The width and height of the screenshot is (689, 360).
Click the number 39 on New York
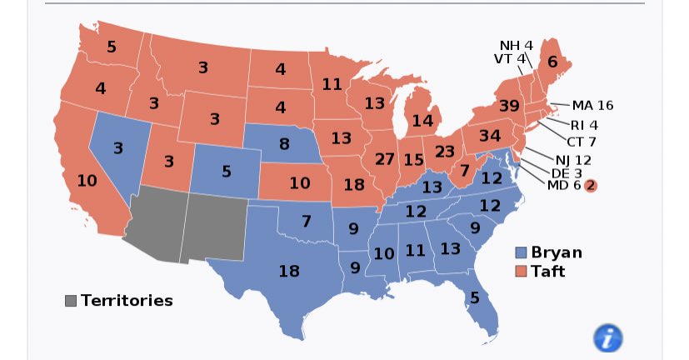(x=510, y=106)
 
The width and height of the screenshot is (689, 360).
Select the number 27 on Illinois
(x=385, y=159)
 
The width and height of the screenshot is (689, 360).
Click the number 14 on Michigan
(x=422, y=120)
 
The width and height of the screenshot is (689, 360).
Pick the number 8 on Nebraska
(x=284, y=144)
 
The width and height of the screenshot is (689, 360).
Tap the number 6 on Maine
(x=552, y=61)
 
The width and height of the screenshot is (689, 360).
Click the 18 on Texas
(x=288, y=271)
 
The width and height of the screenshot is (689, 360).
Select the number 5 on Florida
(x=474, y=297)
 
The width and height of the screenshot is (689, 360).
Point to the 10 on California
(x=87, y=181)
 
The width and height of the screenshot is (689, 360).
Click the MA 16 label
(x=592, y=105)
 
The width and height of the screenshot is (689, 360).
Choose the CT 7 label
(x=581, y=141)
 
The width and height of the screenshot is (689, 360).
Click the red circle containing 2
(x=590, y=186)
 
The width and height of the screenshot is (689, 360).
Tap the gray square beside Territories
(x=71, y=301)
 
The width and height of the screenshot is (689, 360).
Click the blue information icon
(x=607, y=337)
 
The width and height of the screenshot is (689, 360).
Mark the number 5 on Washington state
(x=111, y=47)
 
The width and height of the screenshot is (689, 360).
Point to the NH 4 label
(x=516, y=44)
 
